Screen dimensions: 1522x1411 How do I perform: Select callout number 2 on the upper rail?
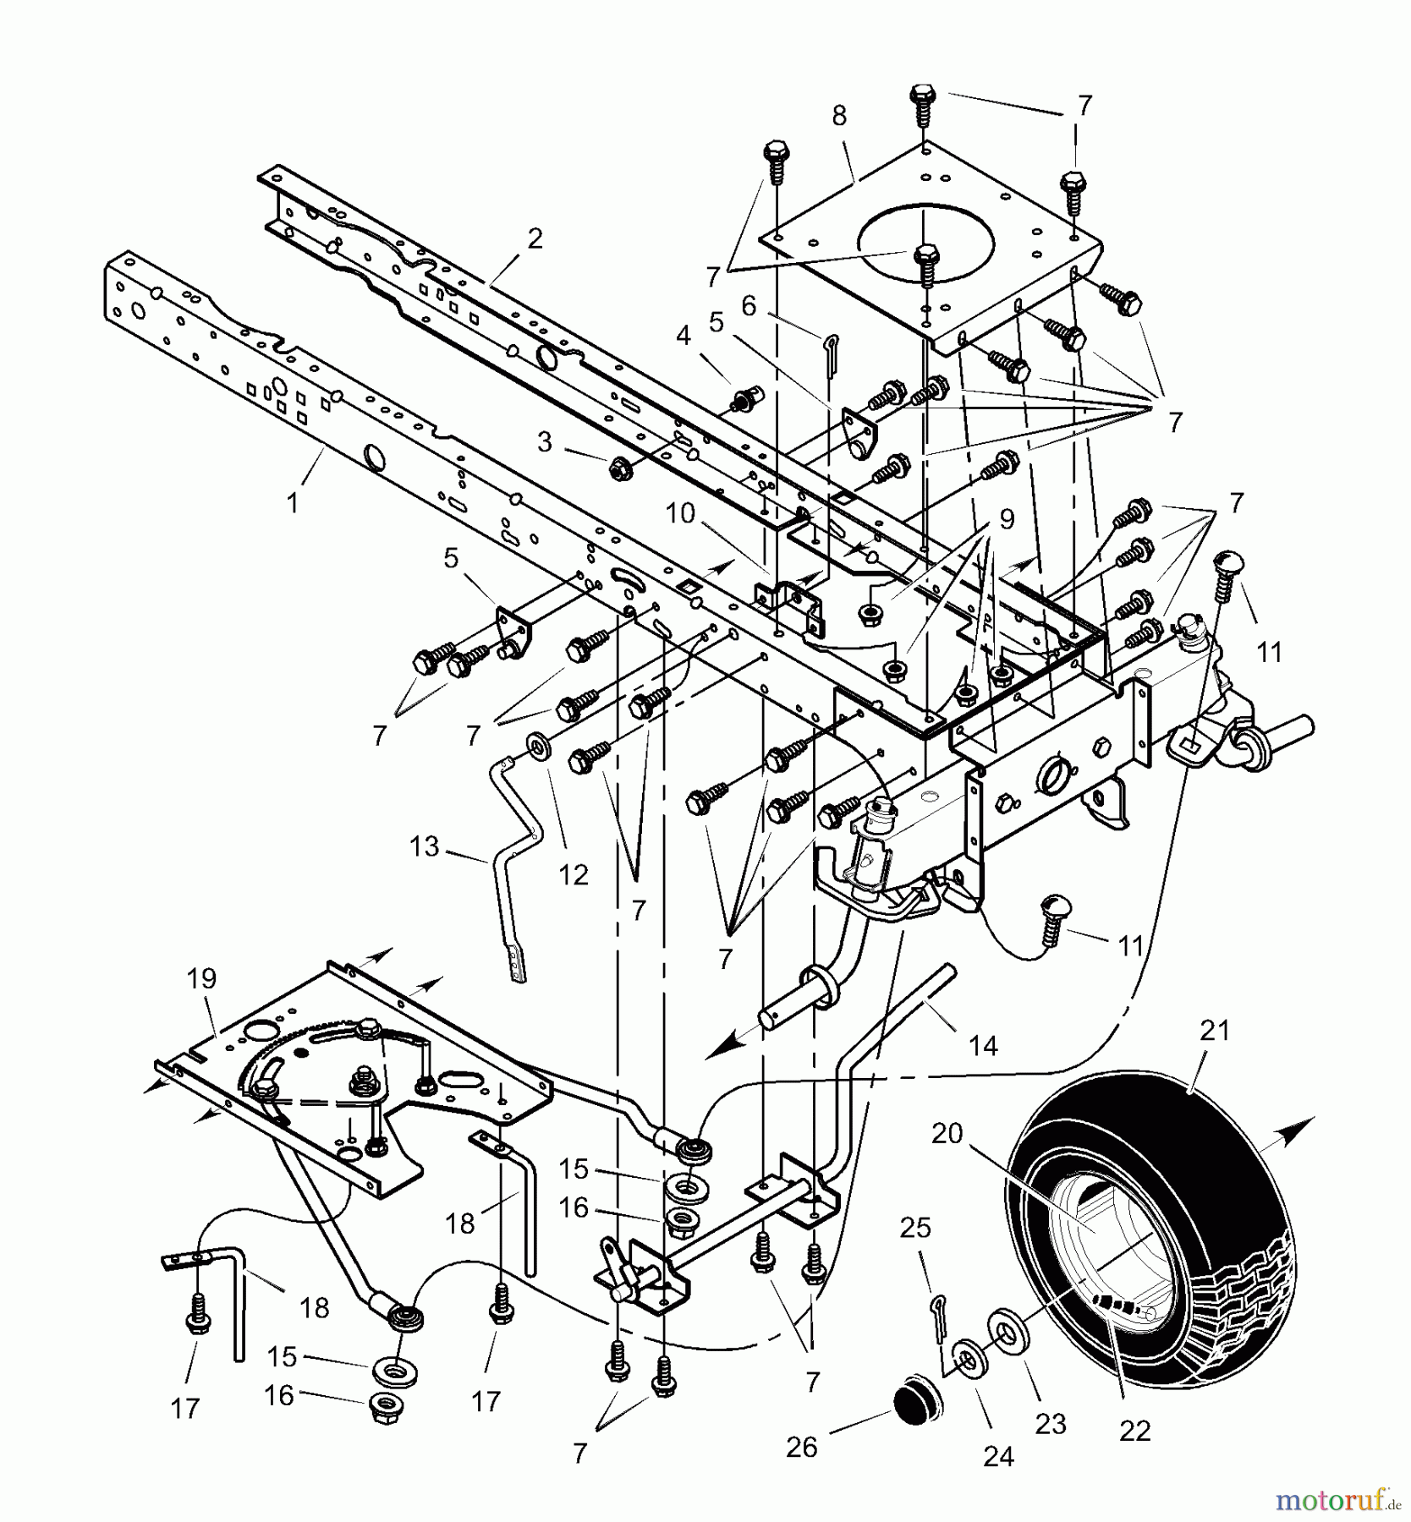534,239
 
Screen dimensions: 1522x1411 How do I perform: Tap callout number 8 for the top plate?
838,117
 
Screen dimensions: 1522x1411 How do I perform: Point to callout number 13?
425,846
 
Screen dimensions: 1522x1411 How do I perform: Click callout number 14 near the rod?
983,1046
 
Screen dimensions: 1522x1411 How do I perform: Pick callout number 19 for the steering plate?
201,979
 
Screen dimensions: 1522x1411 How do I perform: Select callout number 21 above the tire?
1215,1031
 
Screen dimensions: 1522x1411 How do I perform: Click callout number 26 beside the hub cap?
801,1447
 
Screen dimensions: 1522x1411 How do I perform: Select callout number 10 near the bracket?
679,513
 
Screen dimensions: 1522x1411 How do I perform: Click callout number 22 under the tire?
1134,1431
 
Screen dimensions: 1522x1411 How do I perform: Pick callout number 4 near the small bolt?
684,337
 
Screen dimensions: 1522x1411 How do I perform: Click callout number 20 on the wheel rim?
947,1133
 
